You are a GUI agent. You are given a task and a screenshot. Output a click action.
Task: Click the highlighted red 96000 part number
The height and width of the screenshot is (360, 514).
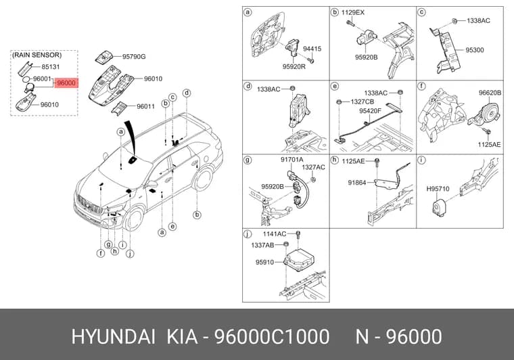(x=66, y=83)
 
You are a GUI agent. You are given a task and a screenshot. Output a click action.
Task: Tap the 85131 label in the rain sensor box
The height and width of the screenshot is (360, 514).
(x=51, y=67)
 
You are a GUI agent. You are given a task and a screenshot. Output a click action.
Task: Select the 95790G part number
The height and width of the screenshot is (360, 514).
(x=134, y=57)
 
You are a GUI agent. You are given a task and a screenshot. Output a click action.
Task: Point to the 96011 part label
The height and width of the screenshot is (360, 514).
(x=145, y=106)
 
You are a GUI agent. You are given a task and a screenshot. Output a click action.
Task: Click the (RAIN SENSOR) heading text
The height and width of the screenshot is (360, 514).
(x=37, y=55)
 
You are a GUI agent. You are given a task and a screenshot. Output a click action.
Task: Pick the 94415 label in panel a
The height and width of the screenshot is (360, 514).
(x=312, y=49)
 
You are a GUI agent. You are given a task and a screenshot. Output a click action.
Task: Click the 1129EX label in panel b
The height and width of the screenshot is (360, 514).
(x=353, y=13)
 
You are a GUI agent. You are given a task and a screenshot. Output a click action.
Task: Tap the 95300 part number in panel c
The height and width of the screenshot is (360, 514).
(x=475, y=50)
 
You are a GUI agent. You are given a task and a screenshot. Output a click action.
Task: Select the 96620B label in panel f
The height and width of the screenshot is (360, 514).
(x=490, y=93)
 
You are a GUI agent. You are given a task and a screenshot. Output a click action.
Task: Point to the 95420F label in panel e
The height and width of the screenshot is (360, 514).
(x=370, y=111)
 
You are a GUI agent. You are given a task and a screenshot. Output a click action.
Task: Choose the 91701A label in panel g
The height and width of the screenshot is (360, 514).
(x=291, y=160)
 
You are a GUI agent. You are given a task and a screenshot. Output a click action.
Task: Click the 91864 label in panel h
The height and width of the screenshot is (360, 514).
(x=357, y=183)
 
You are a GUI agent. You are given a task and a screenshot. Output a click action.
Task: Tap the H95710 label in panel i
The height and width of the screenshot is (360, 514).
(x=438, y=189)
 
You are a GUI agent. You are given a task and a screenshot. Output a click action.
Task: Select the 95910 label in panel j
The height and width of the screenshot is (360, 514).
(x=264, y=263)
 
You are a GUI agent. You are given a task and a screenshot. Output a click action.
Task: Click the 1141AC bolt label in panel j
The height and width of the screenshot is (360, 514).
(x=275, y=234)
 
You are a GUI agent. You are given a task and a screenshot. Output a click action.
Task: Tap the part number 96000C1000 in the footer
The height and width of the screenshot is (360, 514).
(x=272, y=337)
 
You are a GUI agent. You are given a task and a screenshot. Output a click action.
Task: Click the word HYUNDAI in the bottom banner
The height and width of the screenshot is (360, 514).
(x=114, y=337)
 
